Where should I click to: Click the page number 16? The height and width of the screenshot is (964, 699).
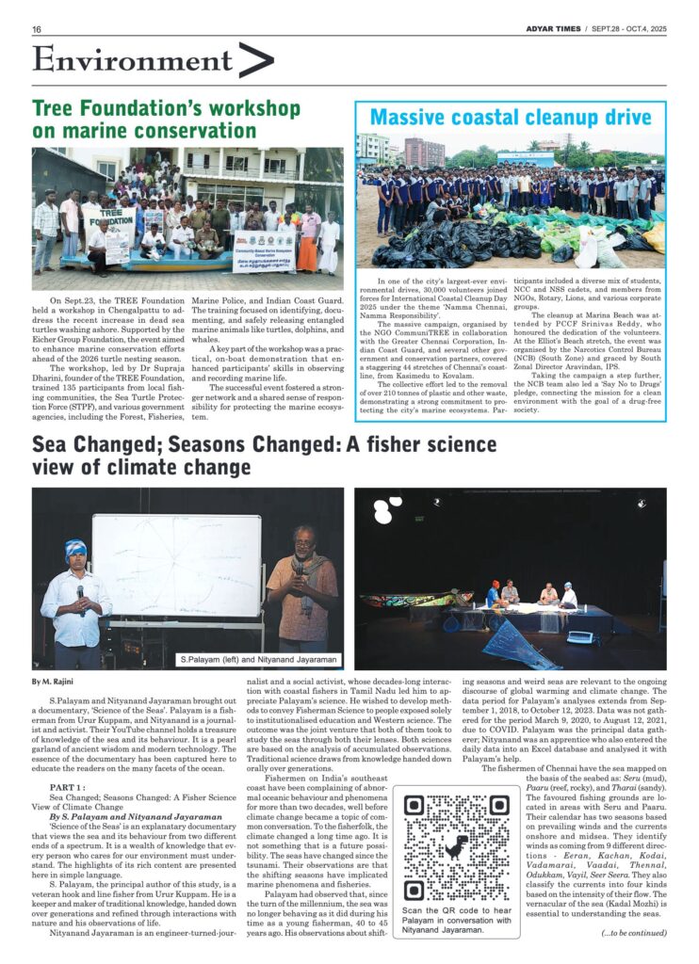coord(37,29)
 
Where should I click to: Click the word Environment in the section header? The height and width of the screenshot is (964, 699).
coord(119,59)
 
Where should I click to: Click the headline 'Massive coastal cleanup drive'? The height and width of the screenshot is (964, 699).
coord(510,118)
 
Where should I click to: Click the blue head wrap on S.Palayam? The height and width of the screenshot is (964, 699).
coord(76,549)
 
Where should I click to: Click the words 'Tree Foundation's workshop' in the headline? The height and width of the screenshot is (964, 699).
coord(166,108)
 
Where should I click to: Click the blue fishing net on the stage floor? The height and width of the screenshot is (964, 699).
coord(520,645)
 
